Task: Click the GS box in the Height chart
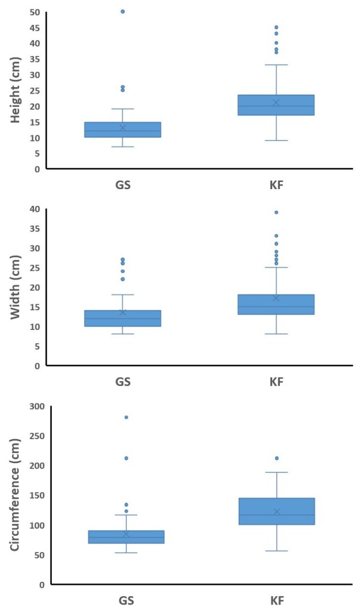[123, 129]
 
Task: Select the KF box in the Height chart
[276, 105]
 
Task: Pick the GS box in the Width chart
[123, 318]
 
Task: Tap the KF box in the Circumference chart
[276, 511]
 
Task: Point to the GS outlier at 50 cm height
[123, 11]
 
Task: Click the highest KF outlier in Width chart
[276, 212]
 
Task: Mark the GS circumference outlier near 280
[126, 417]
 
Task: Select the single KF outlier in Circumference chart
[276, 458]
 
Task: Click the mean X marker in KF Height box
[276, 103]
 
